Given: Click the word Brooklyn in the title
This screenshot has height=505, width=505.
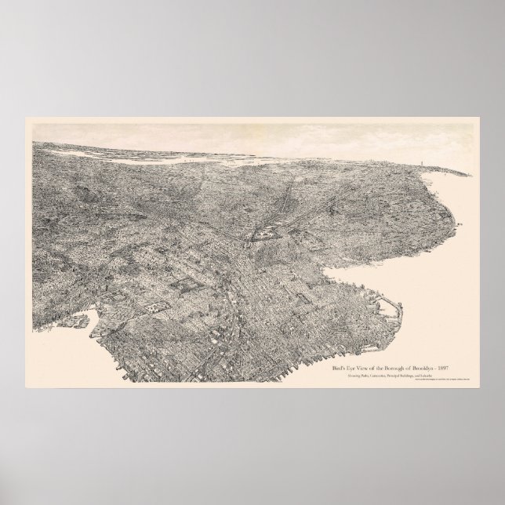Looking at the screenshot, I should (423, 369).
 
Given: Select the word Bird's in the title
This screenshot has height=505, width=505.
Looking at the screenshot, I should (338, 369).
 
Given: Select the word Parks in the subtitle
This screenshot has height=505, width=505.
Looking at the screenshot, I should (367, 376).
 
